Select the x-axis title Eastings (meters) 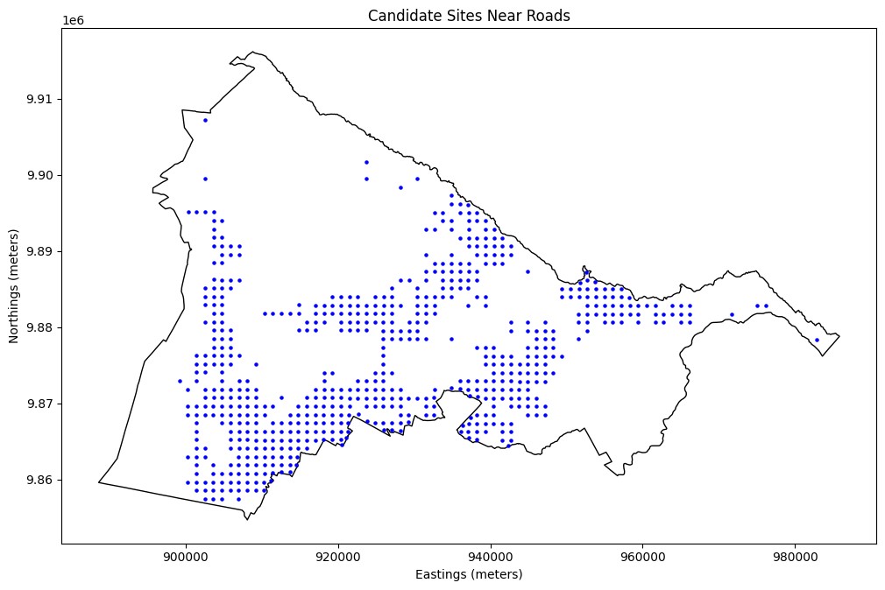pos(469,574)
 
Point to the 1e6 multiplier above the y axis pos(74,20)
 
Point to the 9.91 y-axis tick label pos(39,99)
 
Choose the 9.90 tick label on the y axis pos(39,175)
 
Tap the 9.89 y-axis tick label pos(39,251)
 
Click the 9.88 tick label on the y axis pos(39,327)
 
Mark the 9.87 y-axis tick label pos(39,404)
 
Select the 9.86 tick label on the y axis pos(39,480)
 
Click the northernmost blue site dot pos(205,120)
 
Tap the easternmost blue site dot pos(817,340)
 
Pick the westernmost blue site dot pos(180,381)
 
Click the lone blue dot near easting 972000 pos(732,314)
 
